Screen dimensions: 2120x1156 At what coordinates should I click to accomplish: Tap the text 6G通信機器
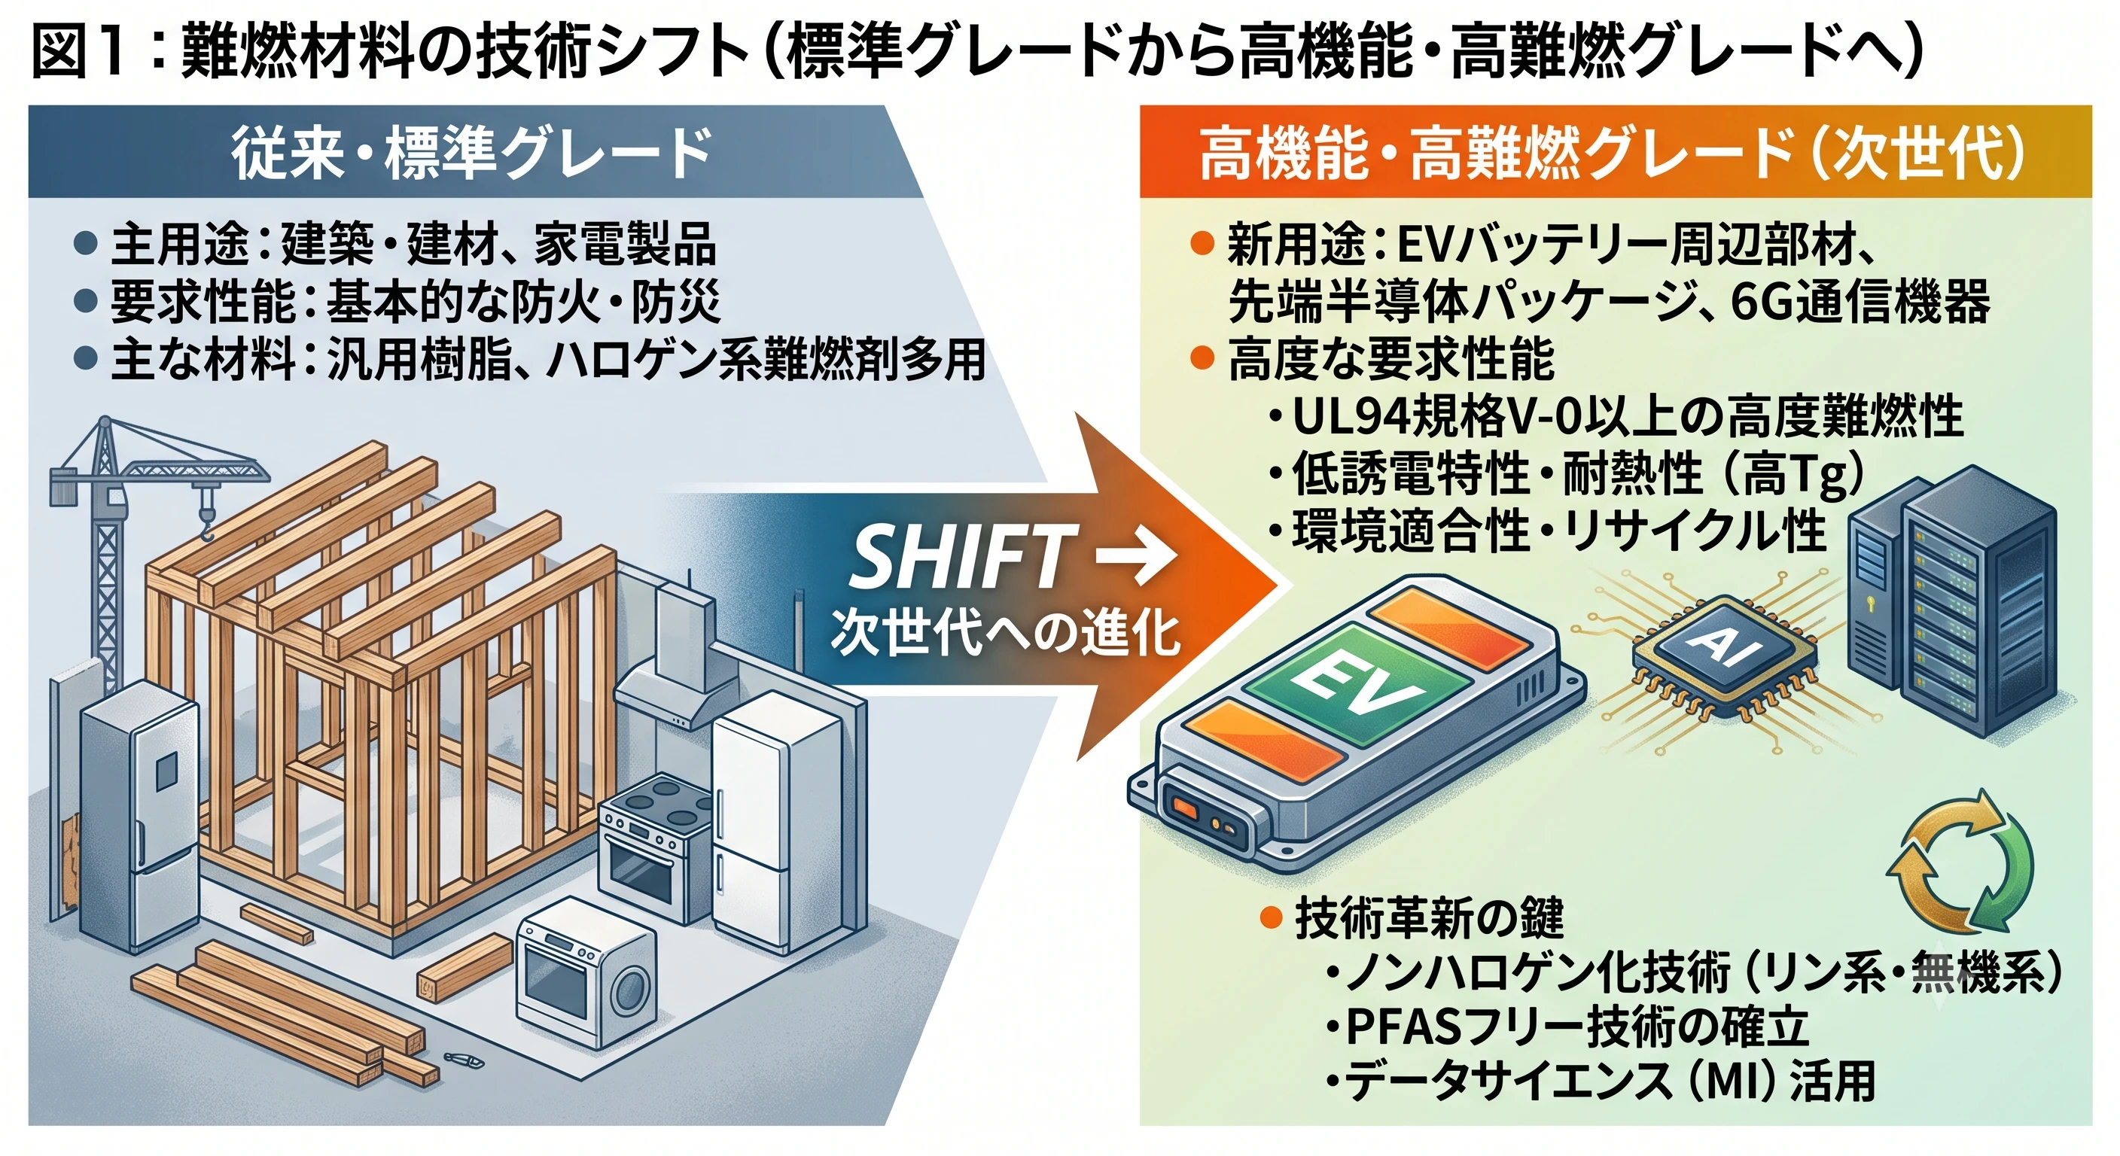pos(1860,302)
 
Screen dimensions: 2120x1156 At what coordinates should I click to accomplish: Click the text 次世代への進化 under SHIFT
pos(1006,633)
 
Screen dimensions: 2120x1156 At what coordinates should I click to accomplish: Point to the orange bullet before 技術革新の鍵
pos(1272,917)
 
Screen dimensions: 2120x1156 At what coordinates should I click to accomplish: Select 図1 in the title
pos(78,51)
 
